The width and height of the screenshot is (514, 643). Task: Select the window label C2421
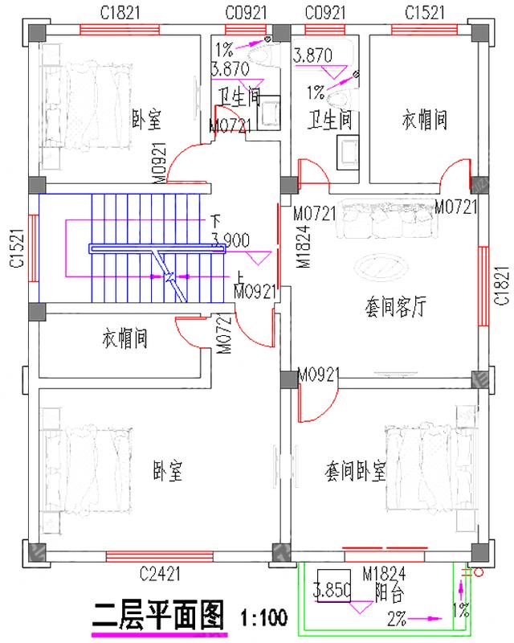159,574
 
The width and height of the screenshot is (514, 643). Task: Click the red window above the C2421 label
159,555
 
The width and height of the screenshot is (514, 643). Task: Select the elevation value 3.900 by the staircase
230,239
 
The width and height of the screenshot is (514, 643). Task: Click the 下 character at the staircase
214,219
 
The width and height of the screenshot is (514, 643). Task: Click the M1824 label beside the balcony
384,573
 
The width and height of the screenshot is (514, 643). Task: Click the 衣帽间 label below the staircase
124,338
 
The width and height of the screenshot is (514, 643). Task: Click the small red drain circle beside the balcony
478,573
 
